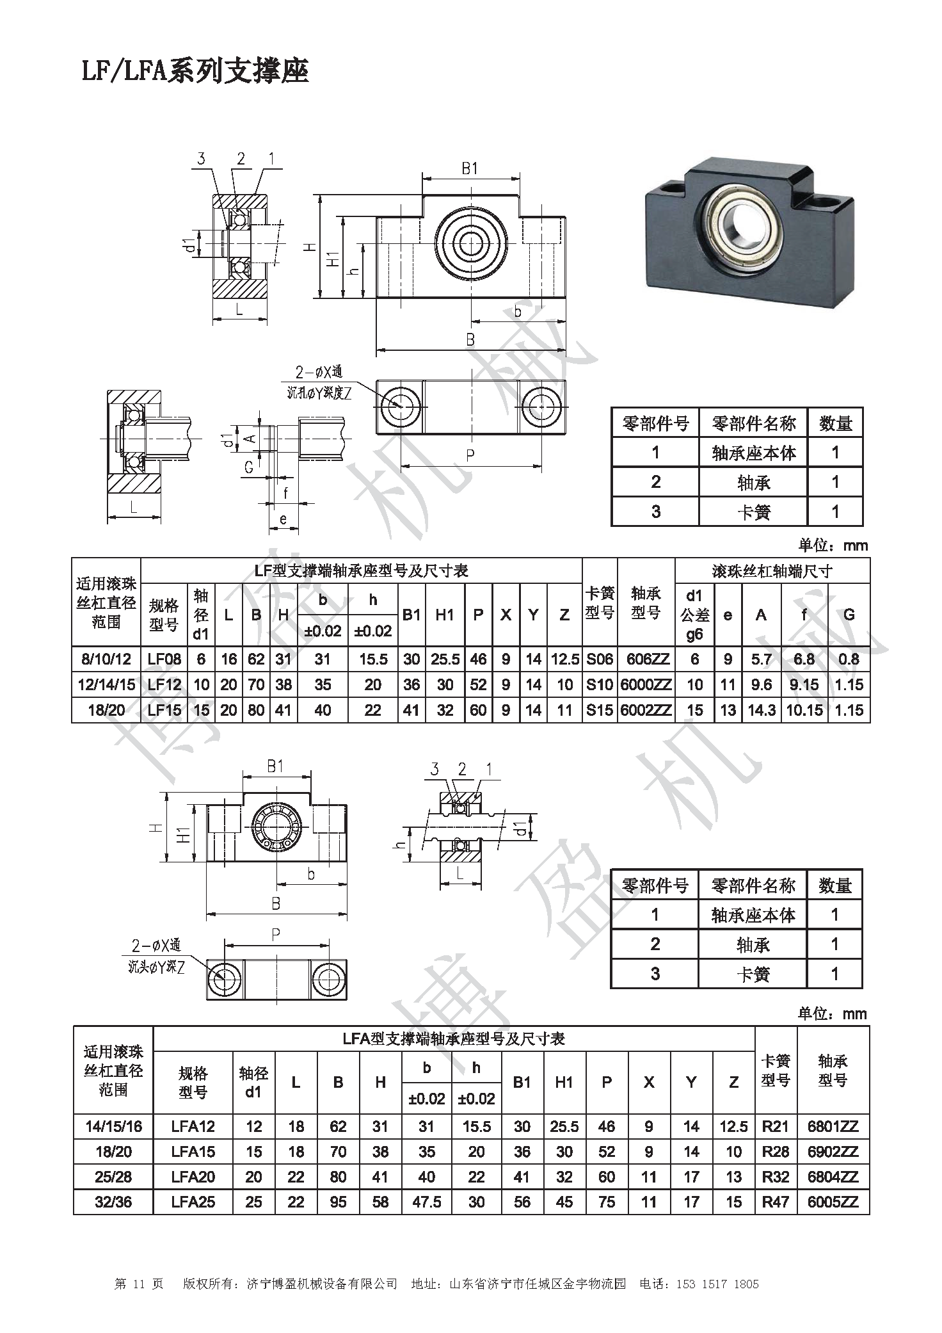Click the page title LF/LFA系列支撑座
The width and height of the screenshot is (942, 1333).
[195, 71]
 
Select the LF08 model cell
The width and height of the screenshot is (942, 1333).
[164, 659]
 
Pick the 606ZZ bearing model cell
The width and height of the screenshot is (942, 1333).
[646, 659]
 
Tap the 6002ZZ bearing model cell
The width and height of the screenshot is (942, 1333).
[646, 710]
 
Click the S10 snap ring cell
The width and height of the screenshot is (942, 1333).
[600, 684]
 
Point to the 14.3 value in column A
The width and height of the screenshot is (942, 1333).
[762, 710]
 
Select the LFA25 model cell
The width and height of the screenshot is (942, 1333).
[193, 1202]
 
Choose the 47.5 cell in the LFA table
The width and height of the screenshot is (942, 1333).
[427, 1202]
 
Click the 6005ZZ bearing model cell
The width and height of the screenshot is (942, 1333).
[833, 1202]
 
